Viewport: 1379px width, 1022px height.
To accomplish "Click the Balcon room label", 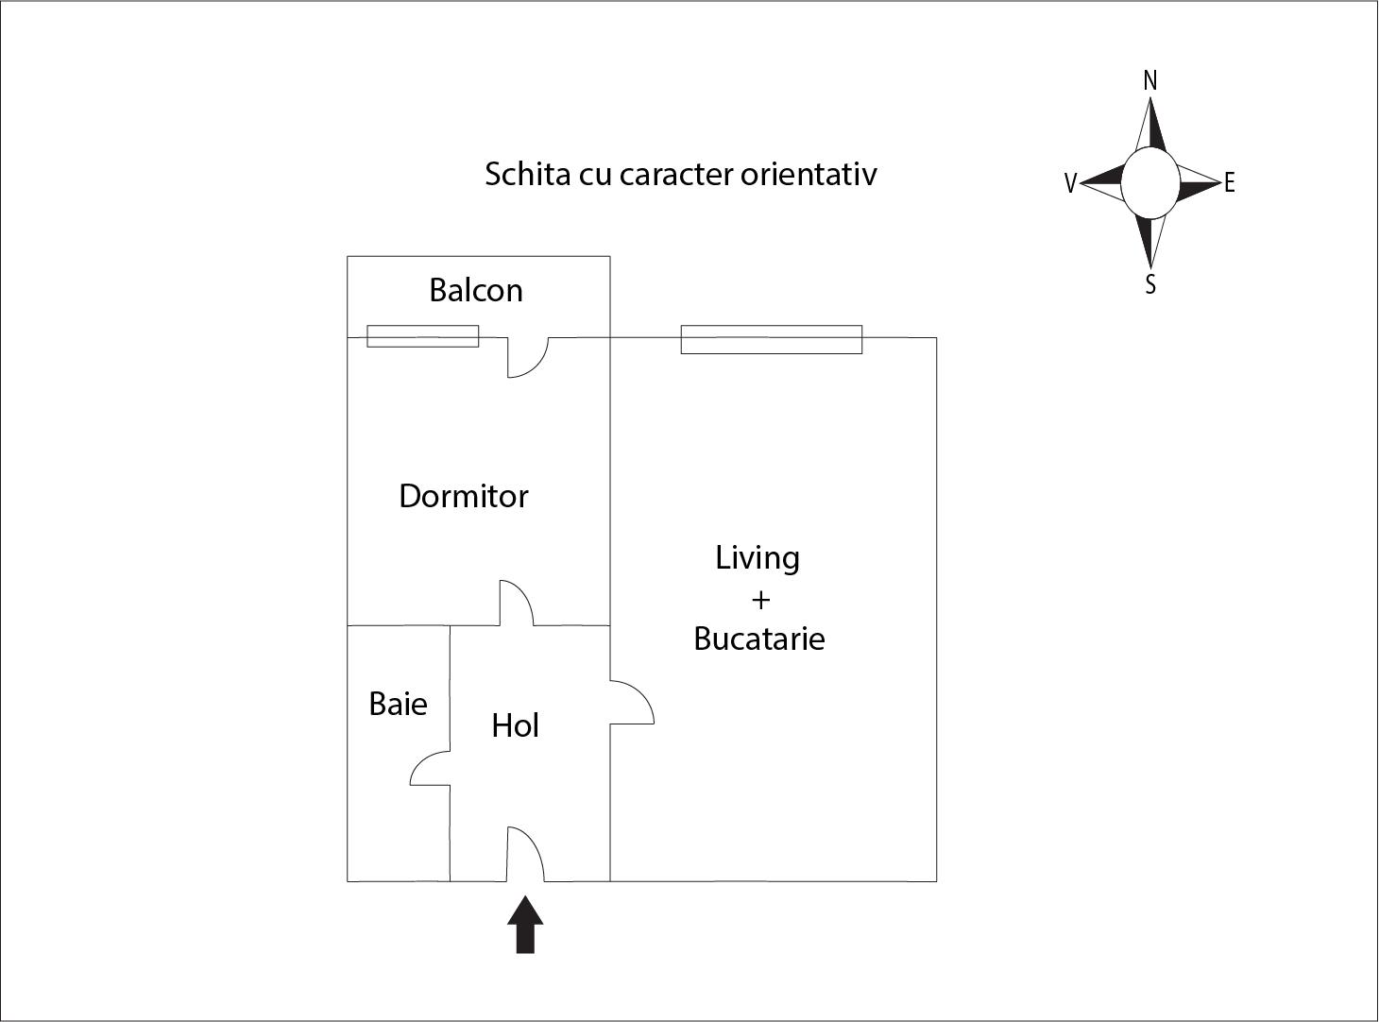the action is (x=476, y=291).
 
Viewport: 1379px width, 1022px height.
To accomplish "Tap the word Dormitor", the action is (x=464, y=497).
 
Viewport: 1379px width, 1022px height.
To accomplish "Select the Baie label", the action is (x=398, y=704).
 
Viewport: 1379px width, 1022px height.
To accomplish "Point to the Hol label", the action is (x=516, y=725).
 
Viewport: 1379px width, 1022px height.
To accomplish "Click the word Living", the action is (x=758, y=558).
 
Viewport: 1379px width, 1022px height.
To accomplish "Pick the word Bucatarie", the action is (x=759, y=639).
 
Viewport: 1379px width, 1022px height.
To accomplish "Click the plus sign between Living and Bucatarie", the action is (x=761, y=601).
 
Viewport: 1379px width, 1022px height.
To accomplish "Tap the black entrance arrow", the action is (x=525, y=925).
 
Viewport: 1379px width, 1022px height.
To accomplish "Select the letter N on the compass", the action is (x=1150, y=81).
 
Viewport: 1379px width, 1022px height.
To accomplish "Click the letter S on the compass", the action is (x=1150, y=284).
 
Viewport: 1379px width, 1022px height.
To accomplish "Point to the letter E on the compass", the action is (x=1230, y=183).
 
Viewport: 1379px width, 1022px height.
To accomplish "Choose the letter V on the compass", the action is (x=1070, y=183).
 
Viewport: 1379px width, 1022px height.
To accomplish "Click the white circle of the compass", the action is (x=1150, y=183).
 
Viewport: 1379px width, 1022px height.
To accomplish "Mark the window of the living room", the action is (x=772, y=340).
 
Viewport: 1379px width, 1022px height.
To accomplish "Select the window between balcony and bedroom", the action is (x=423, y=336).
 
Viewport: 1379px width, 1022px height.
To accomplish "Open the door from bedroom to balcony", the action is (x=528, y=357).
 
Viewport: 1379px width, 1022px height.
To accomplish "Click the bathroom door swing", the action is (x=430, y=768).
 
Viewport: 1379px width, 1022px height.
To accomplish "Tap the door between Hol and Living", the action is (x=632, y=703).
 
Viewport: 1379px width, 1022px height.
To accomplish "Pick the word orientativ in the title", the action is (x=809, y=174).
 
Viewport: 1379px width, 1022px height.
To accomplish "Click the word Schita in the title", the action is (x=528, y=174).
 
